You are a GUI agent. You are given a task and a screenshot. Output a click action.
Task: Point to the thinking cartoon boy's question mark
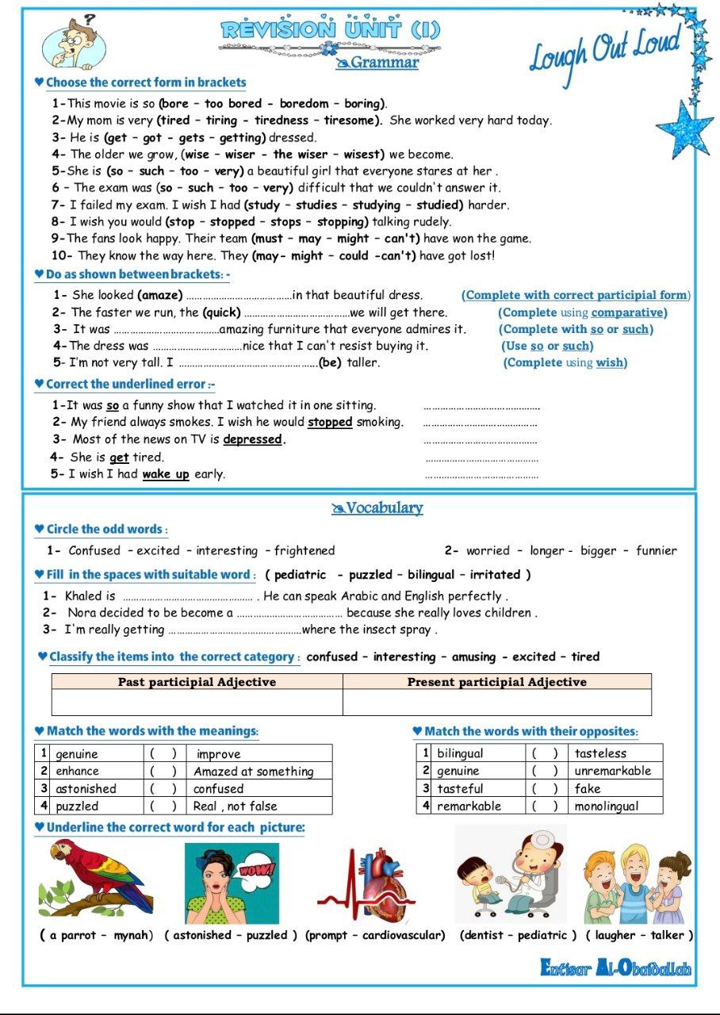coord(90,18)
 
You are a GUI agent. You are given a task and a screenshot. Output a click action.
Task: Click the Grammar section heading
coord(384,63)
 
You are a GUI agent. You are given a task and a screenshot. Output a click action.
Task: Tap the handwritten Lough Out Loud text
coord(605,50)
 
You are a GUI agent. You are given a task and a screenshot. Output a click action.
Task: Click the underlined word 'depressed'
coord(252,439)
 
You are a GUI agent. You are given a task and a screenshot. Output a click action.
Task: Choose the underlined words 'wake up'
coord(166,474)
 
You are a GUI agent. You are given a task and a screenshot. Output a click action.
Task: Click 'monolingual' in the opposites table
coord(607,806)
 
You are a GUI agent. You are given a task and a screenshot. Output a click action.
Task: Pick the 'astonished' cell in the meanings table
coord(86,789)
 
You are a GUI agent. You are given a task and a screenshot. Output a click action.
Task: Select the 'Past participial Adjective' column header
coord(197,682)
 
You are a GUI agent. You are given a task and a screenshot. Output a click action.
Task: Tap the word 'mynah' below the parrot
coord(133,935)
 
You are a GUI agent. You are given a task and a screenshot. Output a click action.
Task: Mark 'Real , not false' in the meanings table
coord(236,806)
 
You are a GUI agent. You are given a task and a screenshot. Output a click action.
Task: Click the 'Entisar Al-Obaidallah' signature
coord(615,968)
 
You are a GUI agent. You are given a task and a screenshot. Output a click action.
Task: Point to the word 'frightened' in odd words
coord(304,550)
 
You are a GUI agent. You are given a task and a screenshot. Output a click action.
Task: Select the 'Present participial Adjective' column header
coord(496,682)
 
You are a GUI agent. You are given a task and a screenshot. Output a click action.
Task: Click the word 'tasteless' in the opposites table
coord(600,753)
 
